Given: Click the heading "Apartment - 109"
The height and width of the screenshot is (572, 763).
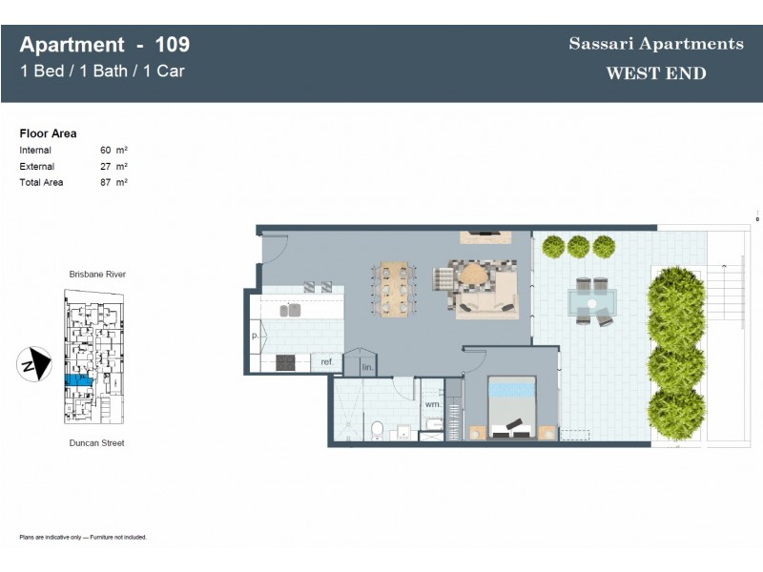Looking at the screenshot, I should pos(105,45).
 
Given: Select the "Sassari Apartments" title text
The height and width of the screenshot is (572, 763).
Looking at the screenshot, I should pos(656,44).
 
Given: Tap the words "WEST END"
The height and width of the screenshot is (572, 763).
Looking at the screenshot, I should pos(656,73).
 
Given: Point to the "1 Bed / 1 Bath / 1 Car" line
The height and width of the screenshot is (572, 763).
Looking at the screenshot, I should pos(102,71).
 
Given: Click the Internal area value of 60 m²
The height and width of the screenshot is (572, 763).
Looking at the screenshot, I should pos(113,150).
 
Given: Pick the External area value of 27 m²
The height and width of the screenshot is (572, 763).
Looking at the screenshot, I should pos(113,166).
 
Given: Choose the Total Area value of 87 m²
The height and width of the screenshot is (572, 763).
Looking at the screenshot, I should pos(113,182).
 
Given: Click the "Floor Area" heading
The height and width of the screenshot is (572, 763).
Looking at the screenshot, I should pos(48,133).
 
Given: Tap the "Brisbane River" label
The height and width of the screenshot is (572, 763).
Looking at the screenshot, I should pos(97,275).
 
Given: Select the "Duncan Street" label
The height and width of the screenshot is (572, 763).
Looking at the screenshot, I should pos(96,443).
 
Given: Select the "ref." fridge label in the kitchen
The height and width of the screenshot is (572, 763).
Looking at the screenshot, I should pos(327,362).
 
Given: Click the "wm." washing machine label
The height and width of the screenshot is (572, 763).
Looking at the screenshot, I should pos(432,404).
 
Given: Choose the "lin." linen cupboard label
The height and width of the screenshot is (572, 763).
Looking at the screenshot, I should pos(367,367).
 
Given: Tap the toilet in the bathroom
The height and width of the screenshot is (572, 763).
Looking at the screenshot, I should pos(377,429).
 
